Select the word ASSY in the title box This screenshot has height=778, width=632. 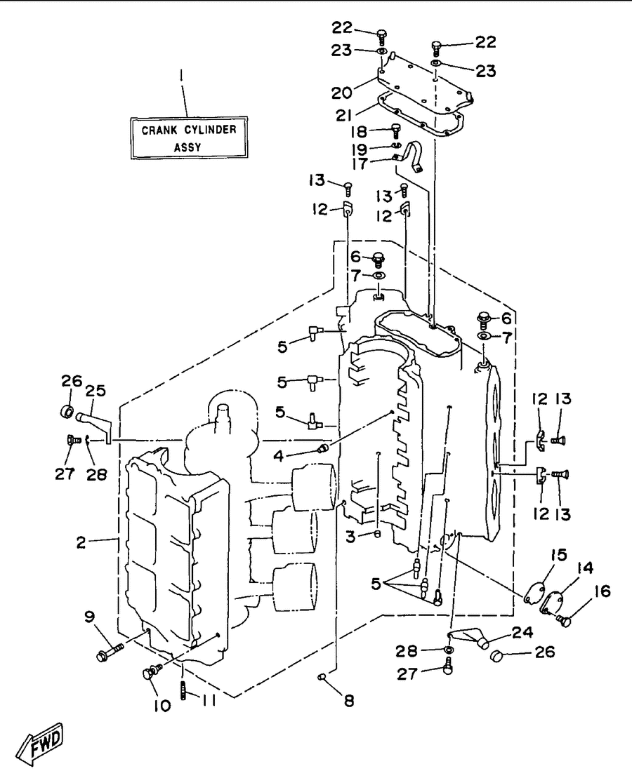pos(187,148)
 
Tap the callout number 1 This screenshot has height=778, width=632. pos(182,76)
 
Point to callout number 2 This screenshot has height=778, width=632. pos(81,542)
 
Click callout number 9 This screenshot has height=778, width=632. pos(90,617)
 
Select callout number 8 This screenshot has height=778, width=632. pos(349,701)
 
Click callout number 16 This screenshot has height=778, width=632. pos(603,591)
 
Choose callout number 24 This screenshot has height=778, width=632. pos(522,632)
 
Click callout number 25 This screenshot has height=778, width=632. pos(96,391)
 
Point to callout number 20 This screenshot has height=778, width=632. pos(342,93)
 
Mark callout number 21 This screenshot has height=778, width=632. pos(344,115)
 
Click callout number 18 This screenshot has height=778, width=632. pos(359,131)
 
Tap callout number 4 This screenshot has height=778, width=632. pos(279,455)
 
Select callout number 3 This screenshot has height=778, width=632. pos(351,537)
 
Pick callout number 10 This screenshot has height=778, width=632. pos(162,705)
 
